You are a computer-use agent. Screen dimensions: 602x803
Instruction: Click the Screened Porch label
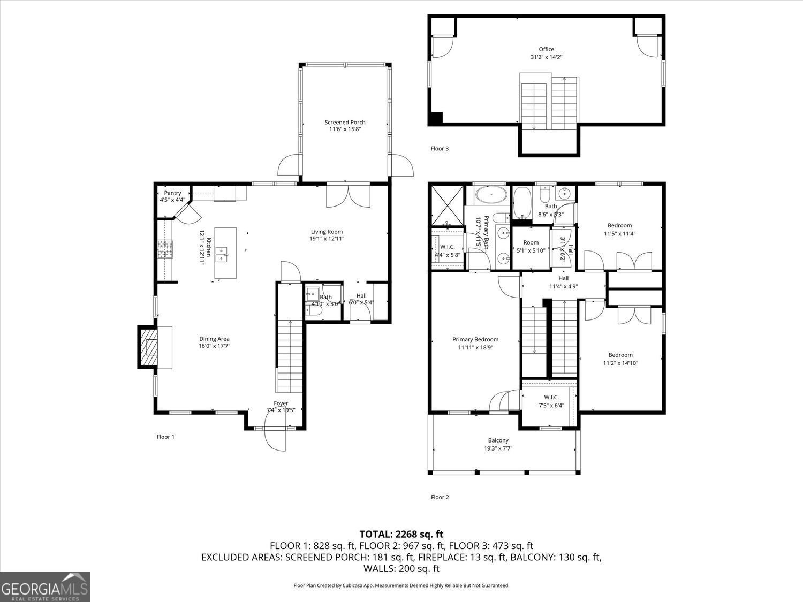pos(345,123)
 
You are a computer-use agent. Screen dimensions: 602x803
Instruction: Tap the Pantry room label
pos(172,193)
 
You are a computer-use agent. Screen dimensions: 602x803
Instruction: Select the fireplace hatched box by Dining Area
pos(149,347)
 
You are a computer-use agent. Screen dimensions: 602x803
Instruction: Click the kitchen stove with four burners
pos(165,249)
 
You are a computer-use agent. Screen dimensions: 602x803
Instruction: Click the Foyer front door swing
pos(276,439)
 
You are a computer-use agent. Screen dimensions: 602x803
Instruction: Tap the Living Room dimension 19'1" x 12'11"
pos(327,239)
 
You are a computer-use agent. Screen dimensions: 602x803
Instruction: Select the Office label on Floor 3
pos(546,49)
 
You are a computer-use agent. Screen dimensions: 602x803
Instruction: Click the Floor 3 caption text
pos(440,149)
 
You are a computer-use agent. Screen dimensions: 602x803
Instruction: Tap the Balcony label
pos(498,440)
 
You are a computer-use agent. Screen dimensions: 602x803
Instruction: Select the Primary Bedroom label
pos(475,339)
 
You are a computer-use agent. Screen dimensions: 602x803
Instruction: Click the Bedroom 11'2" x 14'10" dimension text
pos(620,363)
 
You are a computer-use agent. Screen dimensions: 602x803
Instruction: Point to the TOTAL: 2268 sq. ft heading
pos(401,534)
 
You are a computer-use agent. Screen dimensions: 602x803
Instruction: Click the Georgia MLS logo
pos(45,587)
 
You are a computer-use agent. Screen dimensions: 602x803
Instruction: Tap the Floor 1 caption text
pos(165,437)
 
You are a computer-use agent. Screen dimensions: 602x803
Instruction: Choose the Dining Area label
pos(214,339)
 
